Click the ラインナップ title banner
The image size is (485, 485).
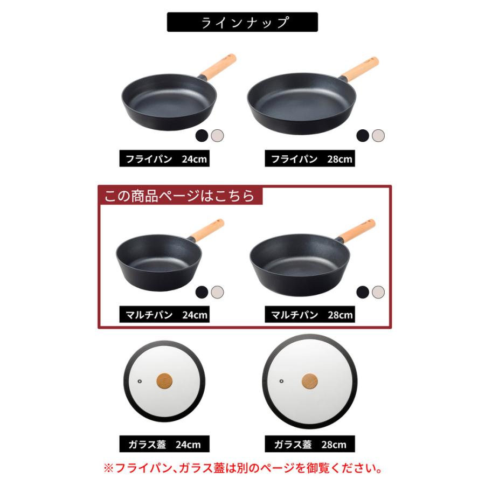pos(242,23)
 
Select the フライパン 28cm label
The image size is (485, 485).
pos(309,160)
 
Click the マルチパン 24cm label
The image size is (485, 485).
pos(164,315)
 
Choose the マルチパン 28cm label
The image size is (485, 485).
pos(309,315)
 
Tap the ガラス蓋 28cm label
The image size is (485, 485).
pos(309,445)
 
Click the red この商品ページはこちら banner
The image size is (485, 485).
pos(179,196)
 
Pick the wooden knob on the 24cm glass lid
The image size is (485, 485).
pos(164,381)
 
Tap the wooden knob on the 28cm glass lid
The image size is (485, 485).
pos(309,380)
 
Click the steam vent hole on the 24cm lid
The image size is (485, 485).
pos(139,380)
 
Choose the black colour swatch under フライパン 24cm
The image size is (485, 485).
pos(202,135)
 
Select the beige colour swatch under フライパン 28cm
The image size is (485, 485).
pos(378,135)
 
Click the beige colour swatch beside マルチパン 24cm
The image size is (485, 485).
pos(217,292)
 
